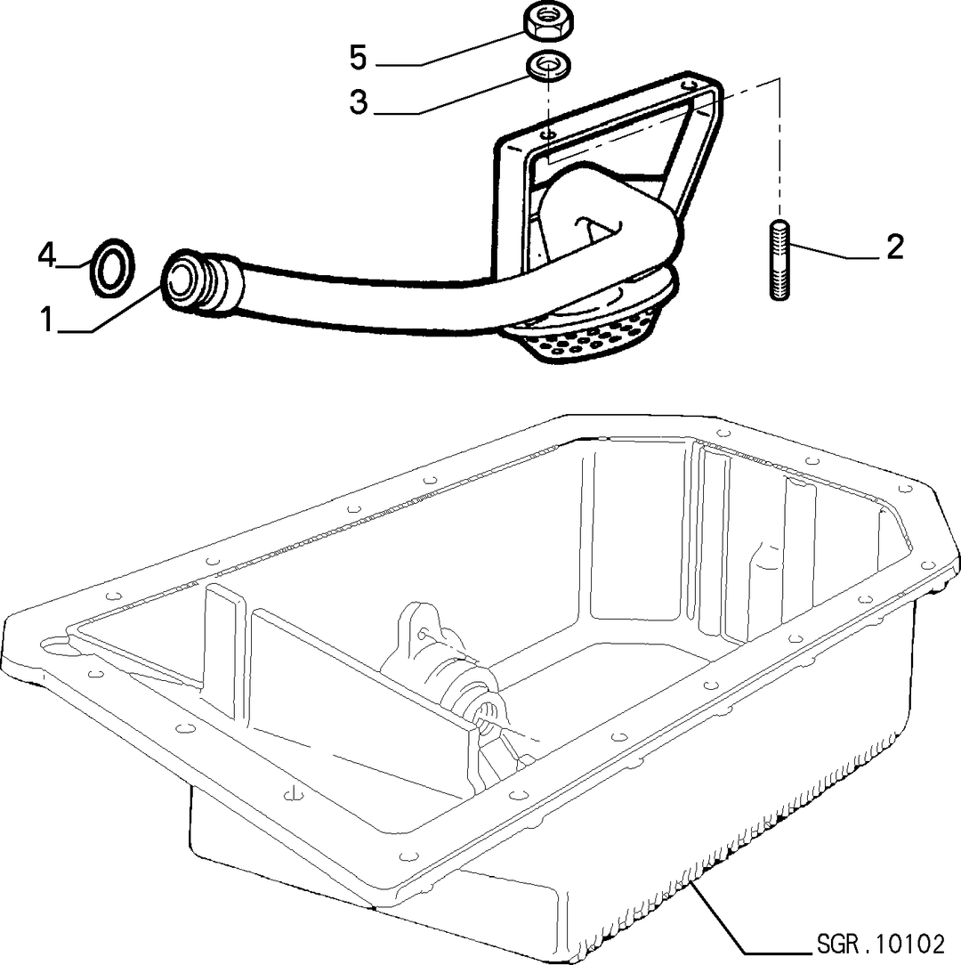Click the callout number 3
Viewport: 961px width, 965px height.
coord(358,101)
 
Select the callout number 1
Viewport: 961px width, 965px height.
coord(46,320)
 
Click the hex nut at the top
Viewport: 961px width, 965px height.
coord(547,22)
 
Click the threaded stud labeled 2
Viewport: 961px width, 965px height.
coord(779,260)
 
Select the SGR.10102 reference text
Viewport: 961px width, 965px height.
coord(880,944)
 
